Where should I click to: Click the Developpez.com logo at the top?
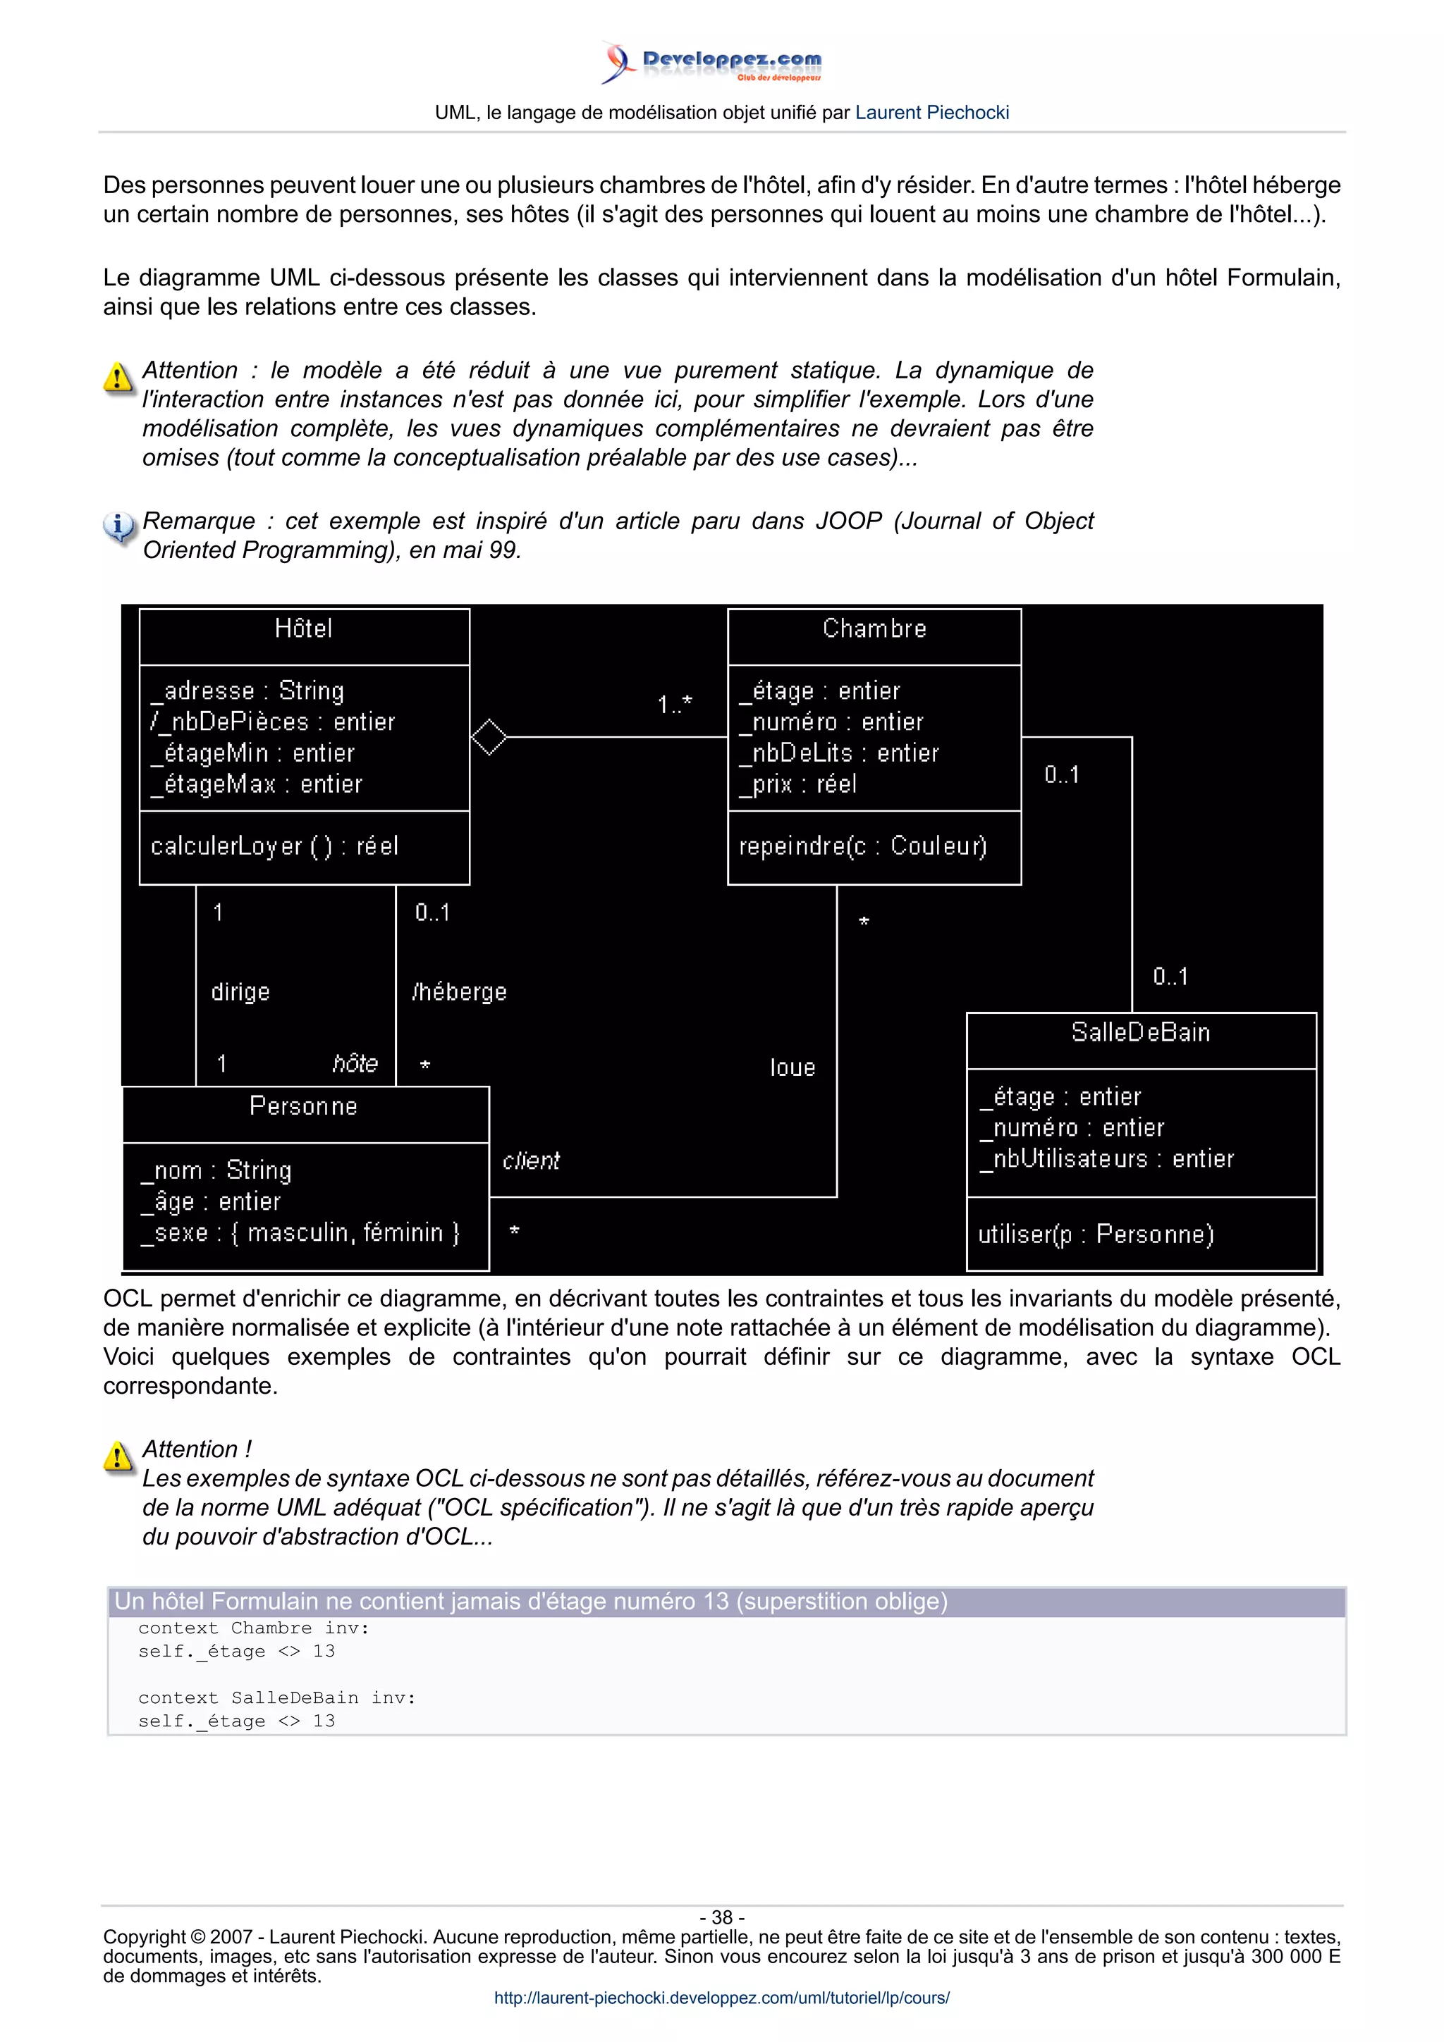pos(711,62)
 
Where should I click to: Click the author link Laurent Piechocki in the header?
pos(931,113)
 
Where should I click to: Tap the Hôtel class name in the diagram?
pos(303,629)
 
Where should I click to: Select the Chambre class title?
pos(874,629)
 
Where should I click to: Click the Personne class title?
pos(303,1106)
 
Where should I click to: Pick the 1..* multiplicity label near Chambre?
pos(674,705)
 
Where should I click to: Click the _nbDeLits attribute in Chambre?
pos(838,753)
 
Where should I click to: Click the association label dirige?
pos(240,991)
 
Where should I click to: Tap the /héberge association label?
pos(459,991)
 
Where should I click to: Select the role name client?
pos(531,1161)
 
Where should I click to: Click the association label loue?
pos(792,1068)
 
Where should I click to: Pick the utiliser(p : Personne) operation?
pos(1095,1235)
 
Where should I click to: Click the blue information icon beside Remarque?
pos(118,526)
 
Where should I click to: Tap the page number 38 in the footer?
pos(721,1917)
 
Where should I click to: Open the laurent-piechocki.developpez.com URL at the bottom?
pos(721,1998)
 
